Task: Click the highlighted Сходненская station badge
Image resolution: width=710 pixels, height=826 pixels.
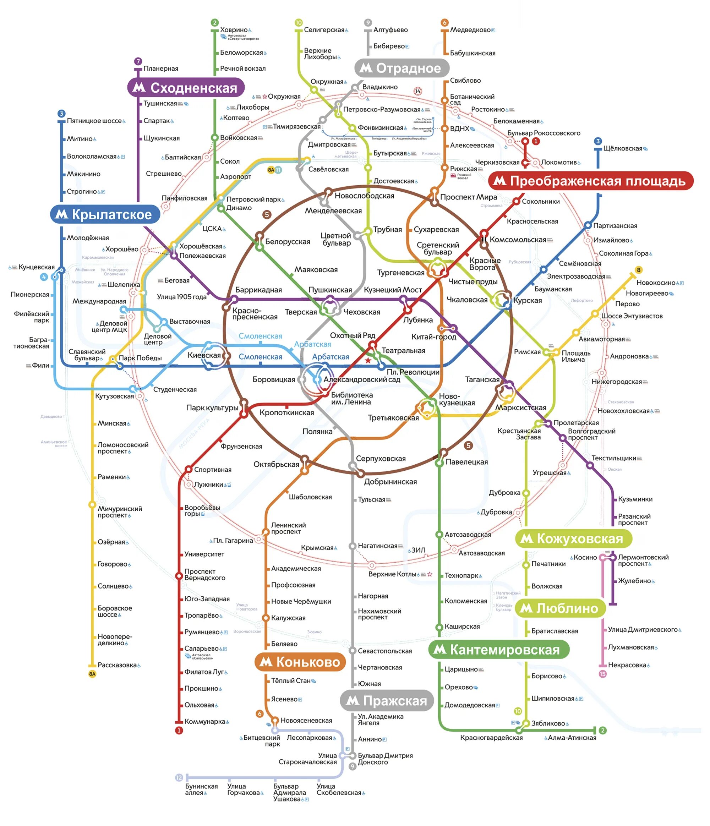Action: (x=185, y=88)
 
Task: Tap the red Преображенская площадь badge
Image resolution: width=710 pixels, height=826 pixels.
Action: (x=590, y=181)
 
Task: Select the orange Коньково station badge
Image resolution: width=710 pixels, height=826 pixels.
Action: (x=300, y=662)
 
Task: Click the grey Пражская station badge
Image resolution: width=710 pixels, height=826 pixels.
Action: (x=386, y=700)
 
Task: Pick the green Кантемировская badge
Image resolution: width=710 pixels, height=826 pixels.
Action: (x=498, y=650)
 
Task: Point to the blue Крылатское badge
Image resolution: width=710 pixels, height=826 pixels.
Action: (x=105, y=214)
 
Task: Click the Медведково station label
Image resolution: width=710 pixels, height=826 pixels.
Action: (x=470, y=30)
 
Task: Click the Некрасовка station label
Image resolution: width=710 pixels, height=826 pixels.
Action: (x=627, y=665)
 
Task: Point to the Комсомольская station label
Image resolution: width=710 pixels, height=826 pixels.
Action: (x=518, y=240)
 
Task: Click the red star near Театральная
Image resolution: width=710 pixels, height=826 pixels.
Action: (x=368, y=360)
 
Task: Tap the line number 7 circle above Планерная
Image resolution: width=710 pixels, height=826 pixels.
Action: (x=138, y=61)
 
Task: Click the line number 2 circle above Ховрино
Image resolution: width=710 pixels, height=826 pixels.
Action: (x=215, y=23)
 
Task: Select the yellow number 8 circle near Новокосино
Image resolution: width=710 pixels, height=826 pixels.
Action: (x=638, y=270)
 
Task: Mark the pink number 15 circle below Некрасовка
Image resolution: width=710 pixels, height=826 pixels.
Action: (x=602, y=674)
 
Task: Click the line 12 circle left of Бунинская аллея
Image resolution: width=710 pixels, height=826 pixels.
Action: (x=179, y=778)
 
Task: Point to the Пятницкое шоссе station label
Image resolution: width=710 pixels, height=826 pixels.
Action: (x=94, y=121)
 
